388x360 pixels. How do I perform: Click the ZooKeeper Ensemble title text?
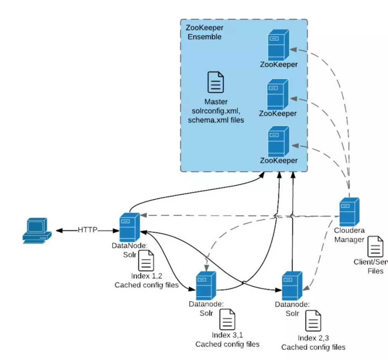tap(204, 32)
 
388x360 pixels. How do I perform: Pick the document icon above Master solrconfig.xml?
tap(215, 82)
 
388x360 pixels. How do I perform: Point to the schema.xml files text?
tap(216, 120)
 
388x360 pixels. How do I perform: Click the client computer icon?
tap(36, 231)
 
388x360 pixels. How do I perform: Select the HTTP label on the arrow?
tap(87, 230)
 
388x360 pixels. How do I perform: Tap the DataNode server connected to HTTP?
tap(129, 227)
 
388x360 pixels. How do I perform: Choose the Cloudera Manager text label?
tap(349, 235)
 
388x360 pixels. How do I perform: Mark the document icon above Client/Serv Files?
tap(375, 246)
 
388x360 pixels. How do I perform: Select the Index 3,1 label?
tap(227, 335)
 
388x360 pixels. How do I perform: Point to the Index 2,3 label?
tap(313, 337)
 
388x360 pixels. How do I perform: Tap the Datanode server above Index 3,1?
tap(206, 285)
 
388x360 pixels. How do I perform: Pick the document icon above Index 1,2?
tap(146, 260)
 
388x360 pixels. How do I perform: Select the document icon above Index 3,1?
tap(227, 319)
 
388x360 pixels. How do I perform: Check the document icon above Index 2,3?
tap(313, 321)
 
